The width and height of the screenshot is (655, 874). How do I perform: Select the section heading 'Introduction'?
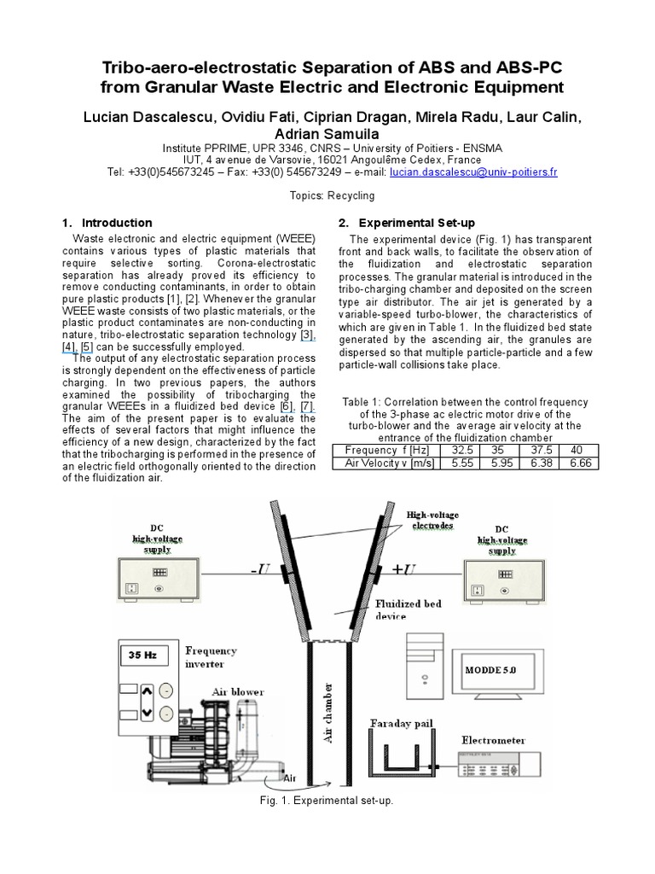[x=117, y=223]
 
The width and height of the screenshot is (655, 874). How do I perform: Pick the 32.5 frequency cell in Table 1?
[x=459, y=450]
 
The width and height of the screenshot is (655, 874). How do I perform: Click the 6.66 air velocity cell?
[x=577, y=463]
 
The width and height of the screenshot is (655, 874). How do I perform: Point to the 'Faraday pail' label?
[x=401, y=724]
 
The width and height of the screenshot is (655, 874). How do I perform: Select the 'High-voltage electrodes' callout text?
[x=435, y=521]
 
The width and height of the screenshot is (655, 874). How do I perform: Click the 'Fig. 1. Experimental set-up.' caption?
[x=327, y=802]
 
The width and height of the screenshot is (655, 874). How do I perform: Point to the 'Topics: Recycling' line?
[x=327, y=195]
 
